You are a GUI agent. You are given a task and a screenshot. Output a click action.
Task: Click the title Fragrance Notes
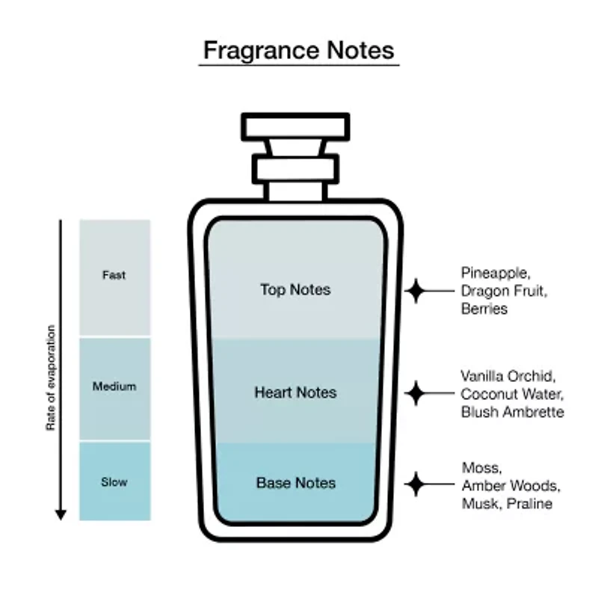coord(298,50)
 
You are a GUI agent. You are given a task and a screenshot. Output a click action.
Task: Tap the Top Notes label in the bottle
coord(295,289)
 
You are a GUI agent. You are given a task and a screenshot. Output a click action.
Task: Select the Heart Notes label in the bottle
coord(295,392)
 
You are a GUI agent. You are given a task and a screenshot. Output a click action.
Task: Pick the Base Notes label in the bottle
coord(295,483)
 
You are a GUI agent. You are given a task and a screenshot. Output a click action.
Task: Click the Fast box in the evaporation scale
coord(114,276)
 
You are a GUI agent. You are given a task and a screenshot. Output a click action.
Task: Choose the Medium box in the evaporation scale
coord(114,387)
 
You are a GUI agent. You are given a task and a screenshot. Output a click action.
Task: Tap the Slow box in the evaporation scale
coord(114,482)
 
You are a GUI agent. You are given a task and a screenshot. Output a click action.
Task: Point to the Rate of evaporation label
coord(52,377)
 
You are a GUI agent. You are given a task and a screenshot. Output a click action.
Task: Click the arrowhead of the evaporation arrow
coord(61,514)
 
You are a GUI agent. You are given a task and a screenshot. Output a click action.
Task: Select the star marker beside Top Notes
coord(416,290)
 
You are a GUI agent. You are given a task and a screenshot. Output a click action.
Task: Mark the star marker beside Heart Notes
coord(416,392)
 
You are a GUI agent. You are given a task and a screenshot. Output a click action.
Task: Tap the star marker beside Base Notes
coord(416,483)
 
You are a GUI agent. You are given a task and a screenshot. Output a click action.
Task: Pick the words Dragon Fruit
coord(503,290)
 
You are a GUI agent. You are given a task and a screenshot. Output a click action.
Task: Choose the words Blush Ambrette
coord(512,412)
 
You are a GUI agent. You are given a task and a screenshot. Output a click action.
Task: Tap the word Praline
coord(528,504)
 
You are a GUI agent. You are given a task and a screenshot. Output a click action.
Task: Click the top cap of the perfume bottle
coord(295,126)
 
